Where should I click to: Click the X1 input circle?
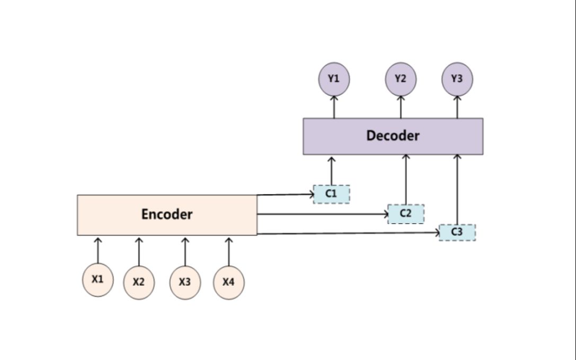[98, 279]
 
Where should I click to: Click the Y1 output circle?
[334, 79]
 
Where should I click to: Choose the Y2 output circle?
[401, 79]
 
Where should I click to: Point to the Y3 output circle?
[457, 79]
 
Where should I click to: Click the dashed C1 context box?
[332, 194]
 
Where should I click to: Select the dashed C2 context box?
[406, 214]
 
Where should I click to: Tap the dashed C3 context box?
[457, 232]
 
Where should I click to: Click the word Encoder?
[167, 215]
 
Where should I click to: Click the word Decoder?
[393, 136]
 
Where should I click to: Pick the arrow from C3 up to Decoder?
[457, 189]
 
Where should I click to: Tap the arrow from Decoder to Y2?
[401, 107]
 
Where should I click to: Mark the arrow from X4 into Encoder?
[228, 251]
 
